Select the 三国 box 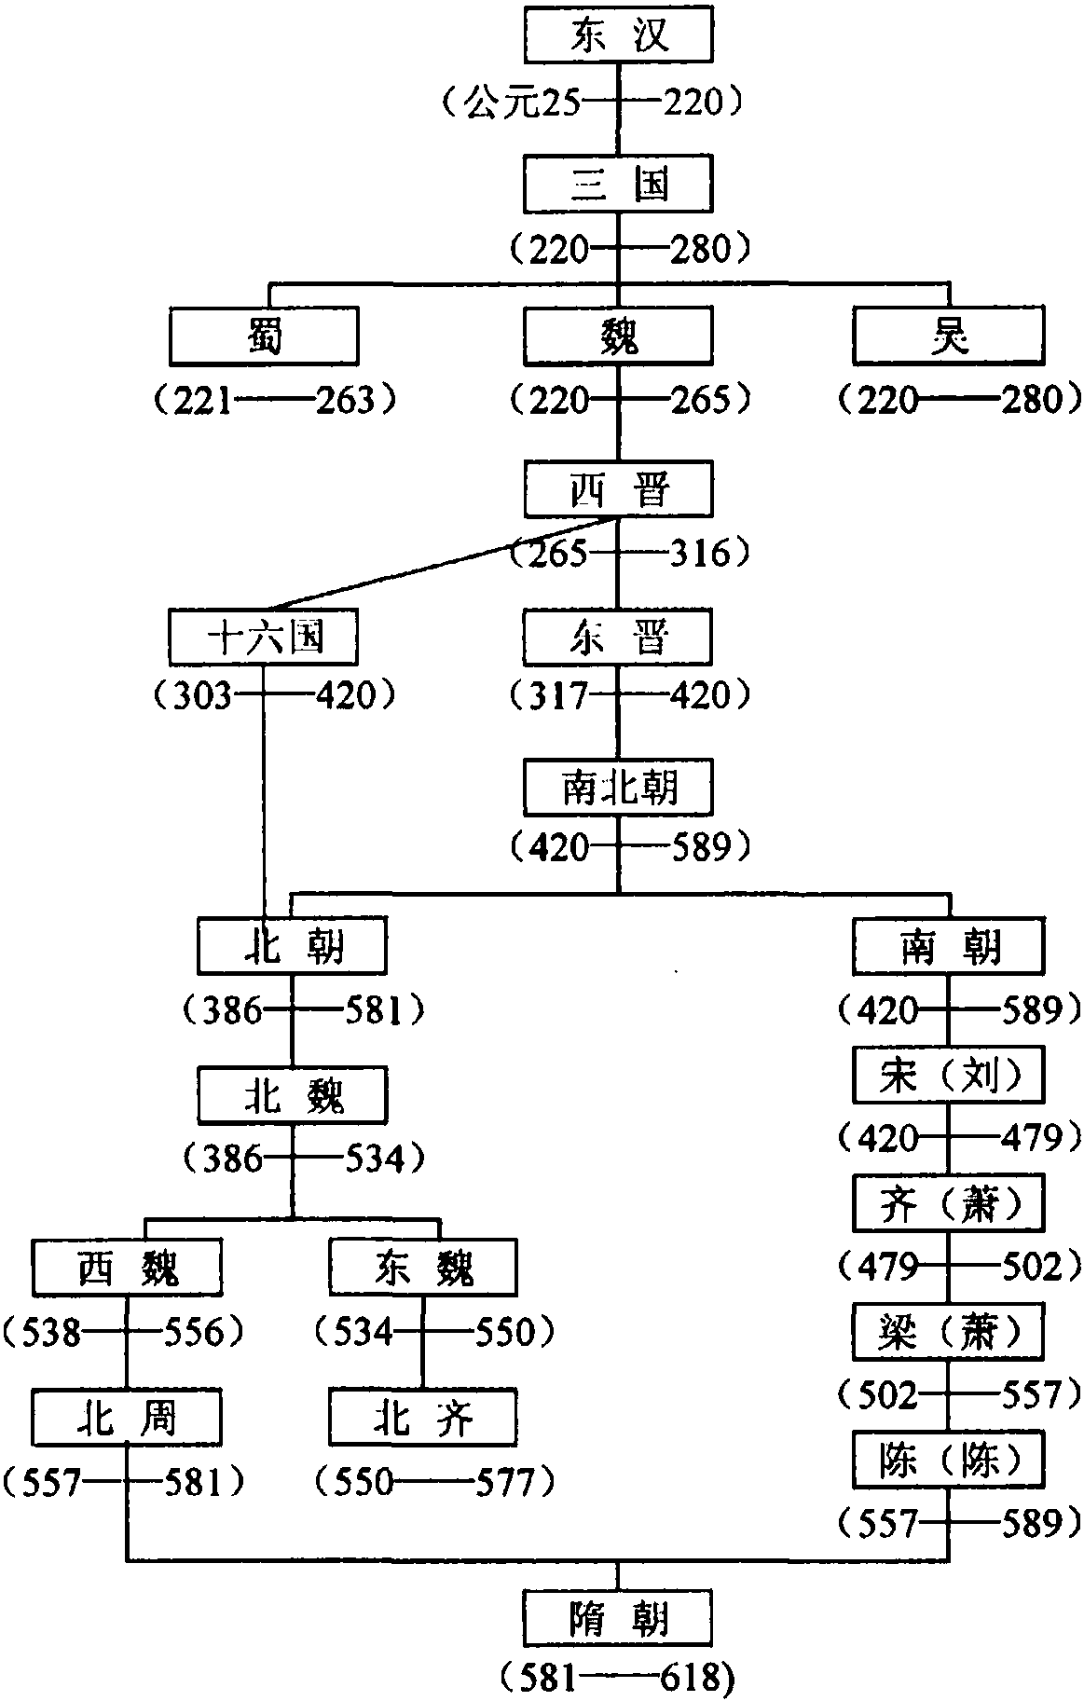(x=618, y=184)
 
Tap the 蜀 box (x=264, y=336)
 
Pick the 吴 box (x=948, y=336)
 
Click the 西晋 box (x=618, y=488)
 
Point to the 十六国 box (x=264, y=638)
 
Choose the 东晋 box (x=618, y=638)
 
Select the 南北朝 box (x=618, y=788)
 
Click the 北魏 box (x=292, y=1096)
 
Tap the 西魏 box (x=127, y=1268)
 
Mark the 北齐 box (x=422, y=1418)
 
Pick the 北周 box (x=127, y=1418)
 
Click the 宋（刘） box (x=948, y=1076)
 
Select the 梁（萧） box (x=948, y=1332)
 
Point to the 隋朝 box (x=618, y=1618)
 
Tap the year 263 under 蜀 (x=345, y=401)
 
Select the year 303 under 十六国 (x=201, y=695)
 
